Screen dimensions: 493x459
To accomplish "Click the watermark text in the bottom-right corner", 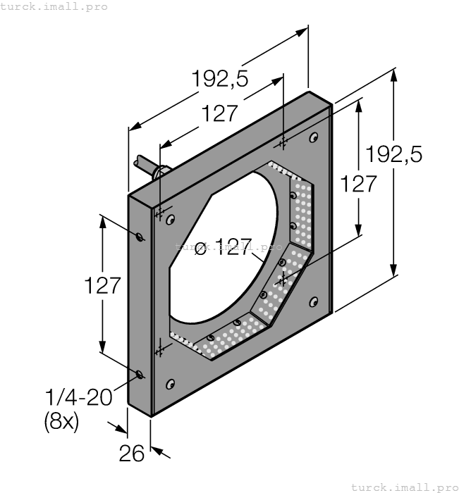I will pos(404,487).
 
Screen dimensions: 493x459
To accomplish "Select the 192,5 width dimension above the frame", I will pos(220,80).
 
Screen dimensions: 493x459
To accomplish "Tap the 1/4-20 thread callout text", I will pos(78,397).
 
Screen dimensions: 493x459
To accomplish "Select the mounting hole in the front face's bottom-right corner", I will pos(313,302).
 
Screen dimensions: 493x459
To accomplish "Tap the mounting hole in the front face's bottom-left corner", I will pos(170,384).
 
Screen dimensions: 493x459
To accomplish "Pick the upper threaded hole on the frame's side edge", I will pos(140,236).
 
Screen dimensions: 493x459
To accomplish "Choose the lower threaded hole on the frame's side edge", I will pos(140,374).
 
